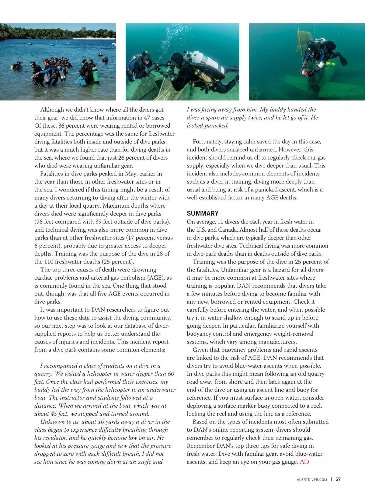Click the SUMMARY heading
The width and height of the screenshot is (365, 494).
click(x=203, y=213)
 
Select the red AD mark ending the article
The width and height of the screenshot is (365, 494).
click(x=304, y=462)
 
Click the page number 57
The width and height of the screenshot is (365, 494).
click(x=338, y=479)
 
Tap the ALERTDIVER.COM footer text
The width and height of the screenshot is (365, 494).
click(x=311, y=479)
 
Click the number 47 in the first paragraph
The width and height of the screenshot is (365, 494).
click(x=147, y=118)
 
